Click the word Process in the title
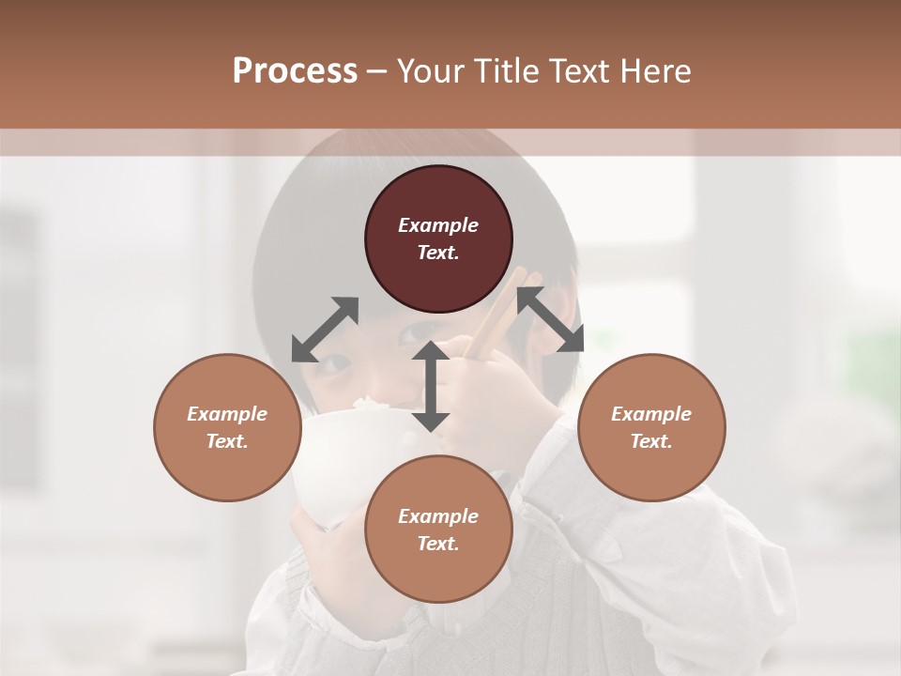tap(295, 71)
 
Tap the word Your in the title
tap(433, 71)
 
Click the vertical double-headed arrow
tap(431, 386)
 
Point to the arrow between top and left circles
tap(325, 330)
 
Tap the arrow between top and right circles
tap(550, 319)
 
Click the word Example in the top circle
tap(438, 225)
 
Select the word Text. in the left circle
tap(227, 441)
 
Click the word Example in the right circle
tap(651, 414)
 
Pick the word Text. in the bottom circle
tap(438, 544)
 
